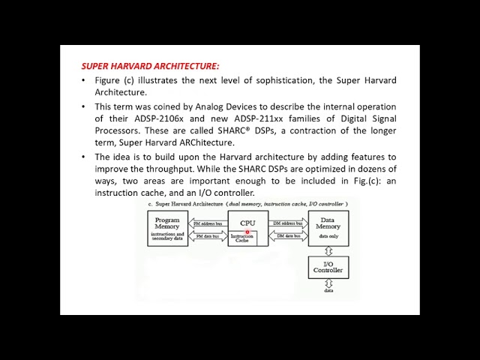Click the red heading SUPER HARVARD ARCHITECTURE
click(x=150, y=66)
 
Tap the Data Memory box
click(x=328, y=229)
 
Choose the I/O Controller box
click(x=328, y=267)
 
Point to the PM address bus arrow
click(x=207, y=223)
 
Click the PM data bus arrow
click(x=207, y=237)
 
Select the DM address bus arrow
click(x=288, y=223)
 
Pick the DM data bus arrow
click(x=288, y=237)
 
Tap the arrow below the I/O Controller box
click(x=328, y=283)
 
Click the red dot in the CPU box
click(x=247, y=232)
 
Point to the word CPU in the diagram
click(x=247, y=223)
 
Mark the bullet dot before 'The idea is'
click(x=83, y=157)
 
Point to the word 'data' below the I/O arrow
click(x=328, y=290)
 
